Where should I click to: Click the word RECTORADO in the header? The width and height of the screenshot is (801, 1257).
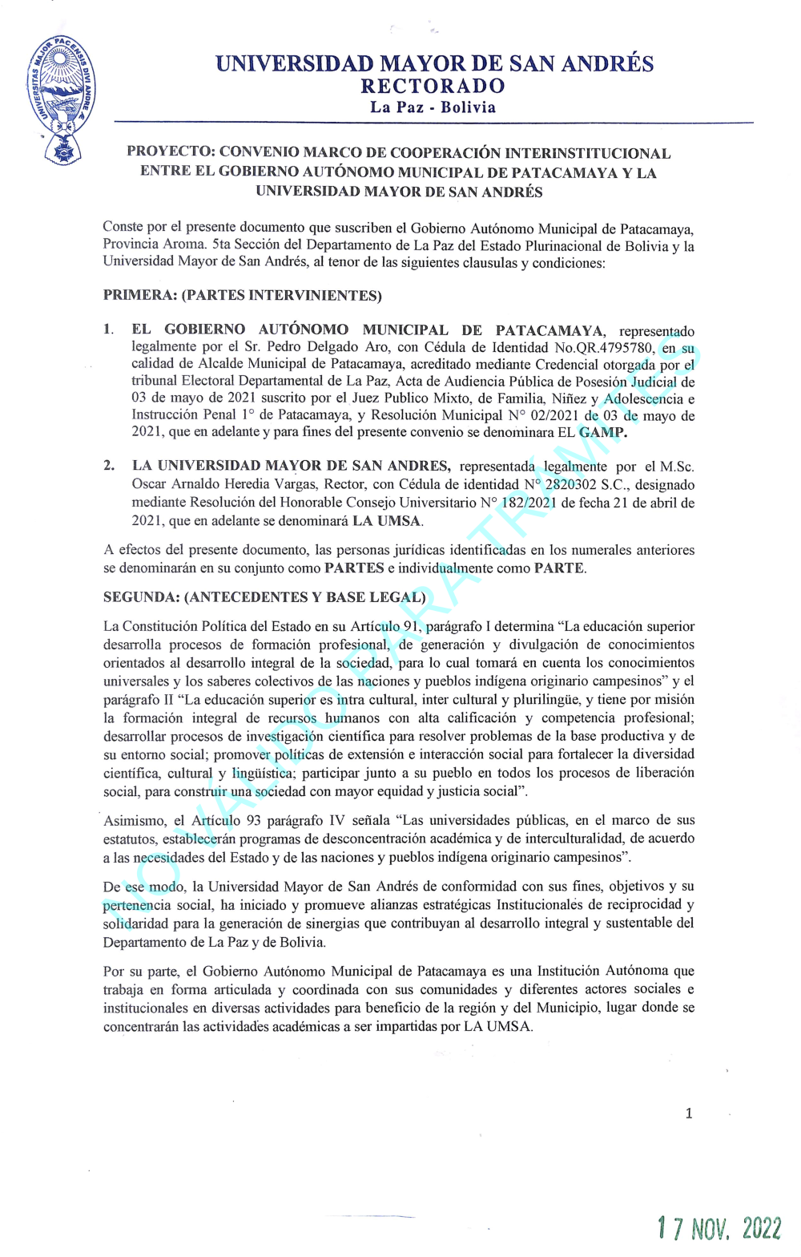tap(433, 86)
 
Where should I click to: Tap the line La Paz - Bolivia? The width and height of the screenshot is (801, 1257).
tap(433, 107)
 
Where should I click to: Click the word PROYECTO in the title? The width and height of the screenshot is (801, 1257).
tap(169, 152)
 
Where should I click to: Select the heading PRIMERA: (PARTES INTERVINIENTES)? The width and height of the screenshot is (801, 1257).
tap(242, 295)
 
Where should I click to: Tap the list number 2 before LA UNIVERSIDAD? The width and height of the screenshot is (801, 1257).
tap(108, 466)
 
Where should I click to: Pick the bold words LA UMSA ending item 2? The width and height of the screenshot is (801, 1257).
tap(386, 521)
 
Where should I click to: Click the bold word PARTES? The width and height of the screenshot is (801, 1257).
tap(354, 568)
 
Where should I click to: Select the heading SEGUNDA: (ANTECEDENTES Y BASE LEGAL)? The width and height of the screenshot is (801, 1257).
tap(264, 597)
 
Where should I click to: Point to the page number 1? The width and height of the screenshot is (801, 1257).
tap(689, 1113)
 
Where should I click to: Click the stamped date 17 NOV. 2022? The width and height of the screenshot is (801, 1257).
tap(718, 1228)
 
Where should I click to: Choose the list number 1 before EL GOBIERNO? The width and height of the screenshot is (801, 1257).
tap(108, 329)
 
